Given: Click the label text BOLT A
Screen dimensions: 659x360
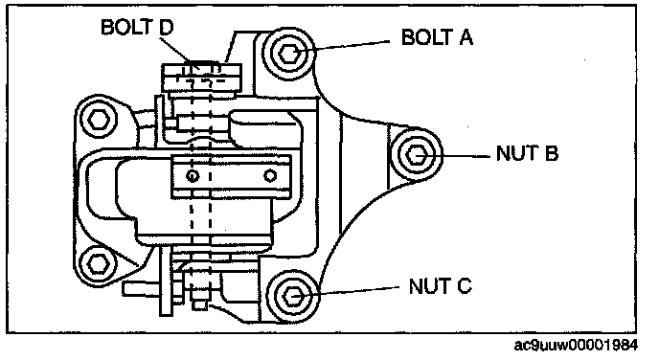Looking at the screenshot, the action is point(437,37).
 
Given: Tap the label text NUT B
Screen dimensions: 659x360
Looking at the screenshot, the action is point(527,153).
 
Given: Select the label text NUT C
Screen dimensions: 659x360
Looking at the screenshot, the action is point(441,286).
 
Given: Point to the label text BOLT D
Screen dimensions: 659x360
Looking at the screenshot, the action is point(137,28).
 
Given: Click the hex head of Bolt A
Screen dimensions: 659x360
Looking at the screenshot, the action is point(289,54).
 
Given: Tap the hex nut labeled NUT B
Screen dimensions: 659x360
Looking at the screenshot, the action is point(416,154).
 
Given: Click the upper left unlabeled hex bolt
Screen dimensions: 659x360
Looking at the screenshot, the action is point(98,119).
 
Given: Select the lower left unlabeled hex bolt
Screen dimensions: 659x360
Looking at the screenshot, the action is point(98,264).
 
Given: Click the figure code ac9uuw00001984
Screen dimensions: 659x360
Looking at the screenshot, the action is point(577,345).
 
